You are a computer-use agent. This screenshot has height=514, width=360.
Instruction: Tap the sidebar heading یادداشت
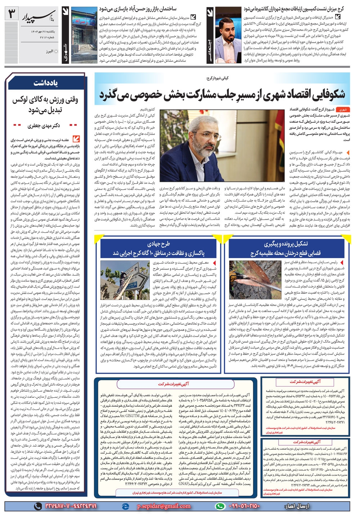pyautogui.click(x=45, y=83)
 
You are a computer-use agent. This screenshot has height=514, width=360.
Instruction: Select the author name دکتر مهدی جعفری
pyautogui.click(x=44, y=126)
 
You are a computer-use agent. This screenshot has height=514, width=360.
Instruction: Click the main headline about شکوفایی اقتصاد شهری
pyautogui.click(x=222, y=94)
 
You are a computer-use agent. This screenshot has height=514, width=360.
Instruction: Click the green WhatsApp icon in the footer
pyautogui.click(x=220, y=506)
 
